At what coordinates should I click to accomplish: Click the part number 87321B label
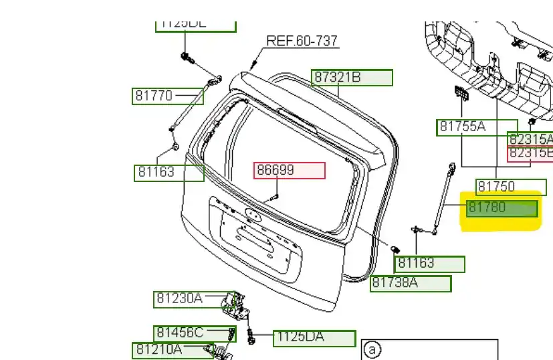pos(352,78)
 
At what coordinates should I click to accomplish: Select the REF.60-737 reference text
pos(302,41)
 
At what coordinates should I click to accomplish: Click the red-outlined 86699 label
pos(289,171)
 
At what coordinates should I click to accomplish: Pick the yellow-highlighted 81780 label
pos(502,208)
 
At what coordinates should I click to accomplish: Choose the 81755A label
pos(477,127)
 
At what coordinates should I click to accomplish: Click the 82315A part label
pos(531,139)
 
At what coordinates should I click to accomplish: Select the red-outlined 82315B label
pos(531,153)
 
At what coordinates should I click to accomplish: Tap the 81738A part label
pos(411,283)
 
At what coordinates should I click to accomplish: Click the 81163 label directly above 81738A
pos(430,264)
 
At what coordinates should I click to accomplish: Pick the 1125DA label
pos(314,338)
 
